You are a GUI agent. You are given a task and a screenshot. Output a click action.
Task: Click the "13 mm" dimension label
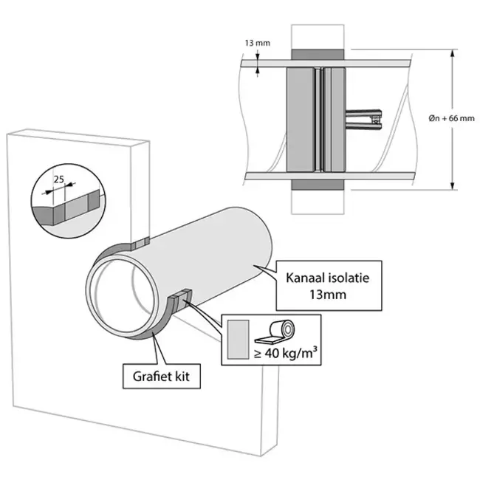(x=258, y=43)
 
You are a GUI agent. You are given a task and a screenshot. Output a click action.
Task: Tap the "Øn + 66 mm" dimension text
(x=451, y=118)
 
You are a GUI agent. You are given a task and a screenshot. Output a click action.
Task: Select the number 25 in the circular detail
(x=59, y=179)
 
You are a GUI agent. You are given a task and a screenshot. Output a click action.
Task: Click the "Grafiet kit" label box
(x=162, y=376)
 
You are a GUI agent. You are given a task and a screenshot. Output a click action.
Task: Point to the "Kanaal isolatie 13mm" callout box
(x=329, y=286)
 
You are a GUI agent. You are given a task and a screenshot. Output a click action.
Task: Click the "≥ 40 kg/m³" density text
(x=285, y=353)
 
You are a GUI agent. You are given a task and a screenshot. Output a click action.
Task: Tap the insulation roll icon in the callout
(x=274, y=332)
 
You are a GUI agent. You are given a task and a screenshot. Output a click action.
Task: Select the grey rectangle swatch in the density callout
(x=238, y=340)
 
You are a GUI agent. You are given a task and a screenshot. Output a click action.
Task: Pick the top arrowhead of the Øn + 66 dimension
(x=453, y=54)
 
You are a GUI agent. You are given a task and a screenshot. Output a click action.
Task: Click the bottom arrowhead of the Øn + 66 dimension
(x=453, y=185)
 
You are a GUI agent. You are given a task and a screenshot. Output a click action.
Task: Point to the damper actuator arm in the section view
(x=363, y=120)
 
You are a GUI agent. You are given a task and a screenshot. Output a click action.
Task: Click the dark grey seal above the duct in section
(x=318, y=55)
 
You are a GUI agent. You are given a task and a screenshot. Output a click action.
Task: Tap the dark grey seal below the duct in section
(x=318, y=185)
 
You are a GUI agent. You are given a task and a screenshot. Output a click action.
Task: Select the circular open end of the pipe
(x=121, y=296)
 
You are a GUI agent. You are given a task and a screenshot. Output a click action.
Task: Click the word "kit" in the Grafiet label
(x=182, y=376)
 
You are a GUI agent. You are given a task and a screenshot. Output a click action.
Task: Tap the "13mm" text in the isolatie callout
(x=328, y=295)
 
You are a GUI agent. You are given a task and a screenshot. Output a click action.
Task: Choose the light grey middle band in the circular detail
(x=77, y=208)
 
